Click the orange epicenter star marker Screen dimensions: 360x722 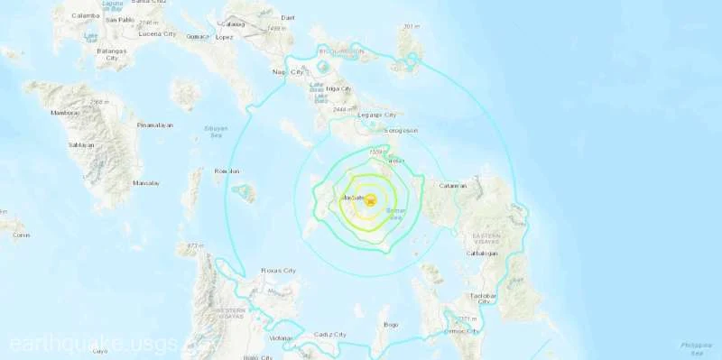point(370,201)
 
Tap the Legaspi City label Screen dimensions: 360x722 point(378,115)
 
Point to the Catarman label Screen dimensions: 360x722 point(451,186)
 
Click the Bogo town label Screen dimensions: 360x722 point(391,324)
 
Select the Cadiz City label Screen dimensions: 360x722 point(329,335)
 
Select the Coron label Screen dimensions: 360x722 point(22,235)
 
